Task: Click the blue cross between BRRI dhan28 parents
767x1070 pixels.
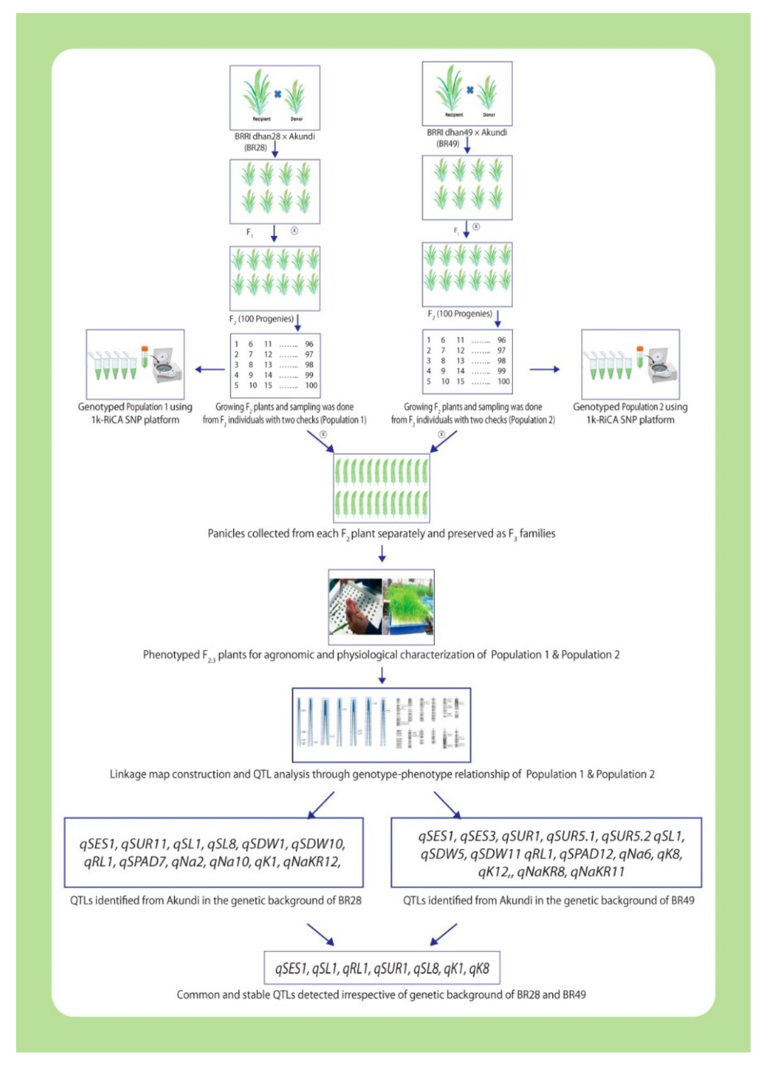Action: (278, 94)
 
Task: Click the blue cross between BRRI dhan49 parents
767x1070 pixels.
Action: (470, 90)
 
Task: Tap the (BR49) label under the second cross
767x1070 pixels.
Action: (447, 143)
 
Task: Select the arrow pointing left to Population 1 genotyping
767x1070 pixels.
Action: (210, 369)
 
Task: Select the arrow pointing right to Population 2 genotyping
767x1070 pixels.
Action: (544, 369)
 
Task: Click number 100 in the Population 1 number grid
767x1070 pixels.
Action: (311, 385)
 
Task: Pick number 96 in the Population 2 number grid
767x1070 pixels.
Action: (501, 340)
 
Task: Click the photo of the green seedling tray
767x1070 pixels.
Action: (408, 607)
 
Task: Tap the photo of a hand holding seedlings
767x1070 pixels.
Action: (355, 607)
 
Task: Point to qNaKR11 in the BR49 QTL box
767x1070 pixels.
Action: (598, 872)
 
